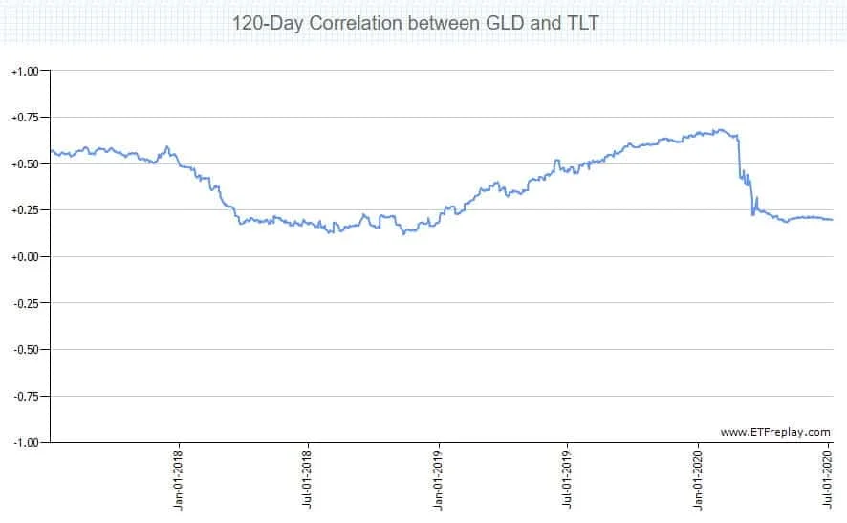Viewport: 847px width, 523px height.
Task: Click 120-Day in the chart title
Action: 268,22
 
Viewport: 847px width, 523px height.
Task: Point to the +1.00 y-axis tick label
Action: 25,72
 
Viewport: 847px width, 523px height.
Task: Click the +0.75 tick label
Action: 25,118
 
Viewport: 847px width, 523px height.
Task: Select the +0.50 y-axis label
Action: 25,164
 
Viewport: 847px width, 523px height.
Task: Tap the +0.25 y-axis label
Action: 25,210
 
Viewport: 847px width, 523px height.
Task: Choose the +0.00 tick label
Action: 25,257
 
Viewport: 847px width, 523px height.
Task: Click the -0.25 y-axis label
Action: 25,303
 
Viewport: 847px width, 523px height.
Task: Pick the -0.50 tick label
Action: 25,350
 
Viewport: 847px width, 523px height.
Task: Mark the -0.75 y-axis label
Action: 25,396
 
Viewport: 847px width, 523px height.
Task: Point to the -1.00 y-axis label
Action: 25,443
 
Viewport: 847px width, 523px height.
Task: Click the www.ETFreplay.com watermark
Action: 775,432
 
